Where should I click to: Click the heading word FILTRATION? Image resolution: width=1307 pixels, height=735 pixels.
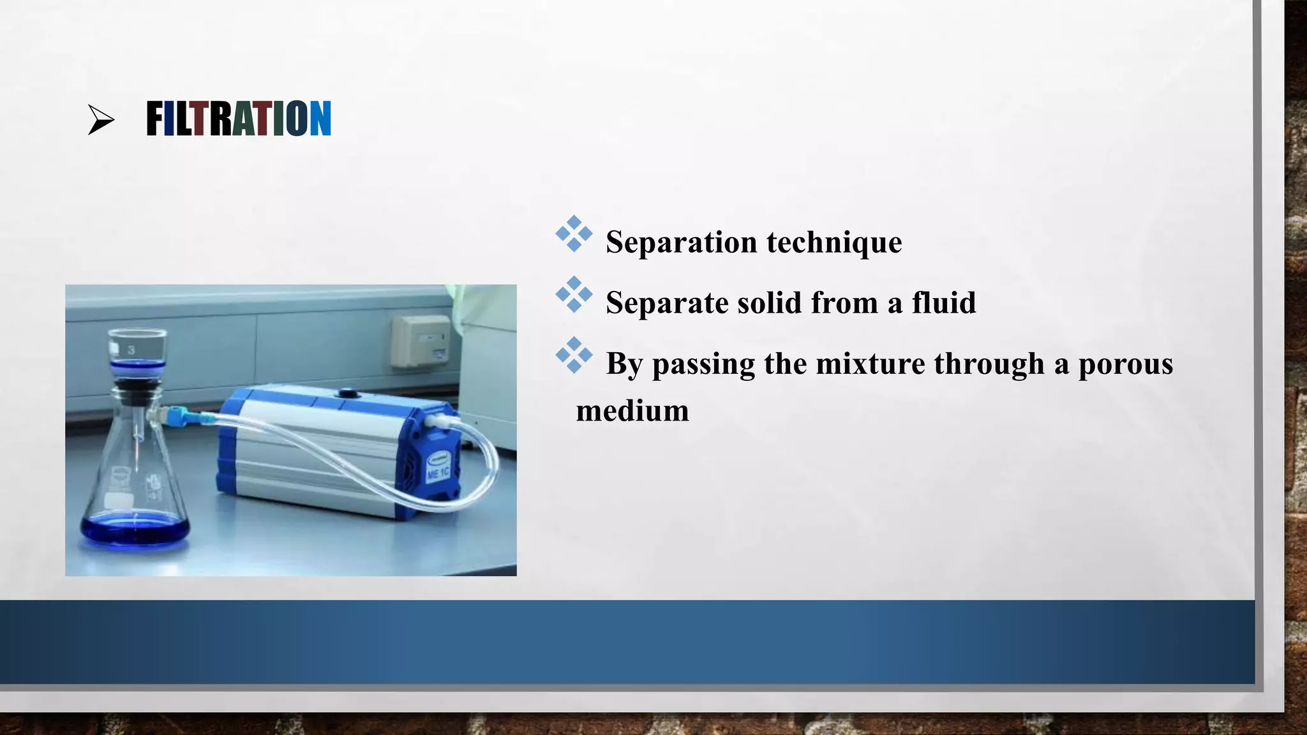[x=238, y=119]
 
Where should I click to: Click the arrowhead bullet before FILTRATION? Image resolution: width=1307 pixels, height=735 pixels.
[x=101, y=120]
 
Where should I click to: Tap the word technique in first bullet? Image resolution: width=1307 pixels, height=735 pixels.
[x=834, y=242]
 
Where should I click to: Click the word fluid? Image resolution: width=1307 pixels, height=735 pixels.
[x=944, y=302]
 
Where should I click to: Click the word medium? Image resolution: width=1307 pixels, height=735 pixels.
[x=632, y=410]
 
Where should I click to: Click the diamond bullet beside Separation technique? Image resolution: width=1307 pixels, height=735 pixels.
[x=574, y=234]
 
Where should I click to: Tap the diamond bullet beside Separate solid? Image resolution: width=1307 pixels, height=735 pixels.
[x=574, y=294]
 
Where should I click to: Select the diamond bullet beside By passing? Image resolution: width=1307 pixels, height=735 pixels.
[x=574, y=355]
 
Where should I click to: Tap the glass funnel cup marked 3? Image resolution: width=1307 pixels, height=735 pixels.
[x=137, y=348]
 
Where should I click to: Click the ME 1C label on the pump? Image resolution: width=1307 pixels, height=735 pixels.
[x=438, y=473]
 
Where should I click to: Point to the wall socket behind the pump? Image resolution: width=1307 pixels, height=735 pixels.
[x=421, y=341]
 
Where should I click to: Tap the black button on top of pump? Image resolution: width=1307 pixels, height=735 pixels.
[x=348, y=393]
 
